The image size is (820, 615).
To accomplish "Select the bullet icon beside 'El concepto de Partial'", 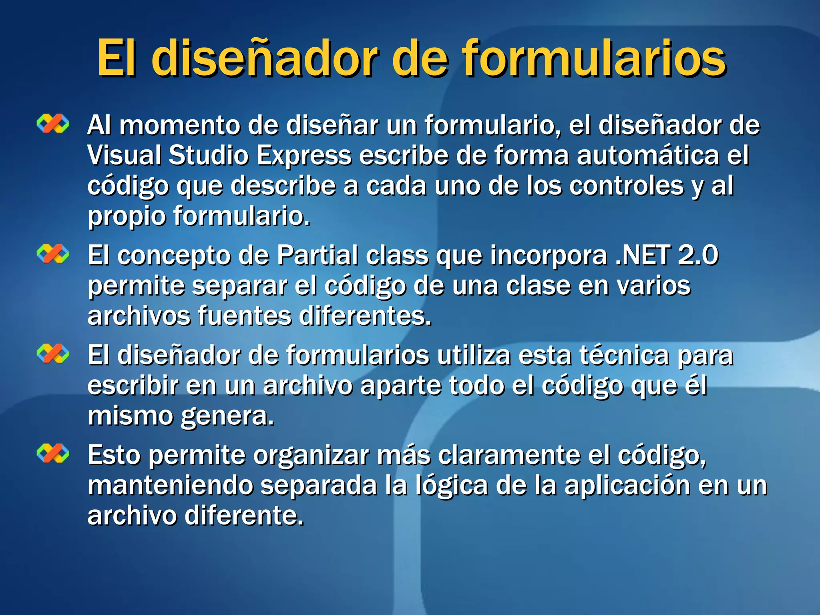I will [x=53, y=254].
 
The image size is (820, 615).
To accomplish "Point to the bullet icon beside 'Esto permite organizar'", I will [x=53, y=453].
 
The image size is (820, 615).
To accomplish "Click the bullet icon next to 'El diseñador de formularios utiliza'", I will [x=53, y=354].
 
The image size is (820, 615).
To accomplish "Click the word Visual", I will [x=124, y=155].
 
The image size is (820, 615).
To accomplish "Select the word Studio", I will [x=209, y=155].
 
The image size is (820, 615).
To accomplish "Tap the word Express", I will [x=304, y=155].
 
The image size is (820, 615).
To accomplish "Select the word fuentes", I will [x=245, y=316].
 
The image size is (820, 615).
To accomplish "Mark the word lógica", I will [x=452, y=486].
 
